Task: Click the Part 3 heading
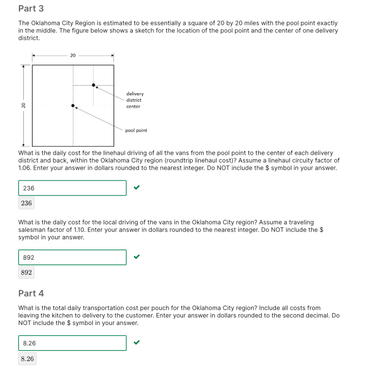point(31,9)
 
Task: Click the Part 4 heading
point(31,293)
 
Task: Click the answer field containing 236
point(72,188)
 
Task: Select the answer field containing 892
point(72,258)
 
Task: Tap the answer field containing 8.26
point(72,343)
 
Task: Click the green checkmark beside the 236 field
point(137,188)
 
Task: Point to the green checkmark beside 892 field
point(137,258)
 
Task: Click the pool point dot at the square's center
point(73,106)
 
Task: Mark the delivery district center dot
point(93,85)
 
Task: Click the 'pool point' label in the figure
point(136,130)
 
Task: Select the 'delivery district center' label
point(135,100)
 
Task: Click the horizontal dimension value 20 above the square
point(73,55)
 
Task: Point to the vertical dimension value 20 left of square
point(23,106)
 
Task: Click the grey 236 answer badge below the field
point(26,203)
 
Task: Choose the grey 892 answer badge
point(26,273)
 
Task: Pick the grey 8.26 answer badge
point(27,358)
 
